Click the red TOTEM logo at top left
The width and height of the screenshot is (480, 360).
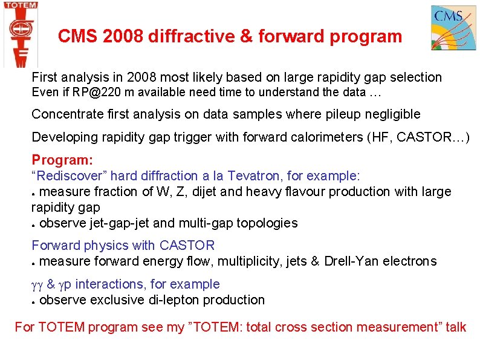click(21, 33)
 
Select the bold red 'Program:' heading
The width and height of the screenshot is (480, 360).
click(62, 160)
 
